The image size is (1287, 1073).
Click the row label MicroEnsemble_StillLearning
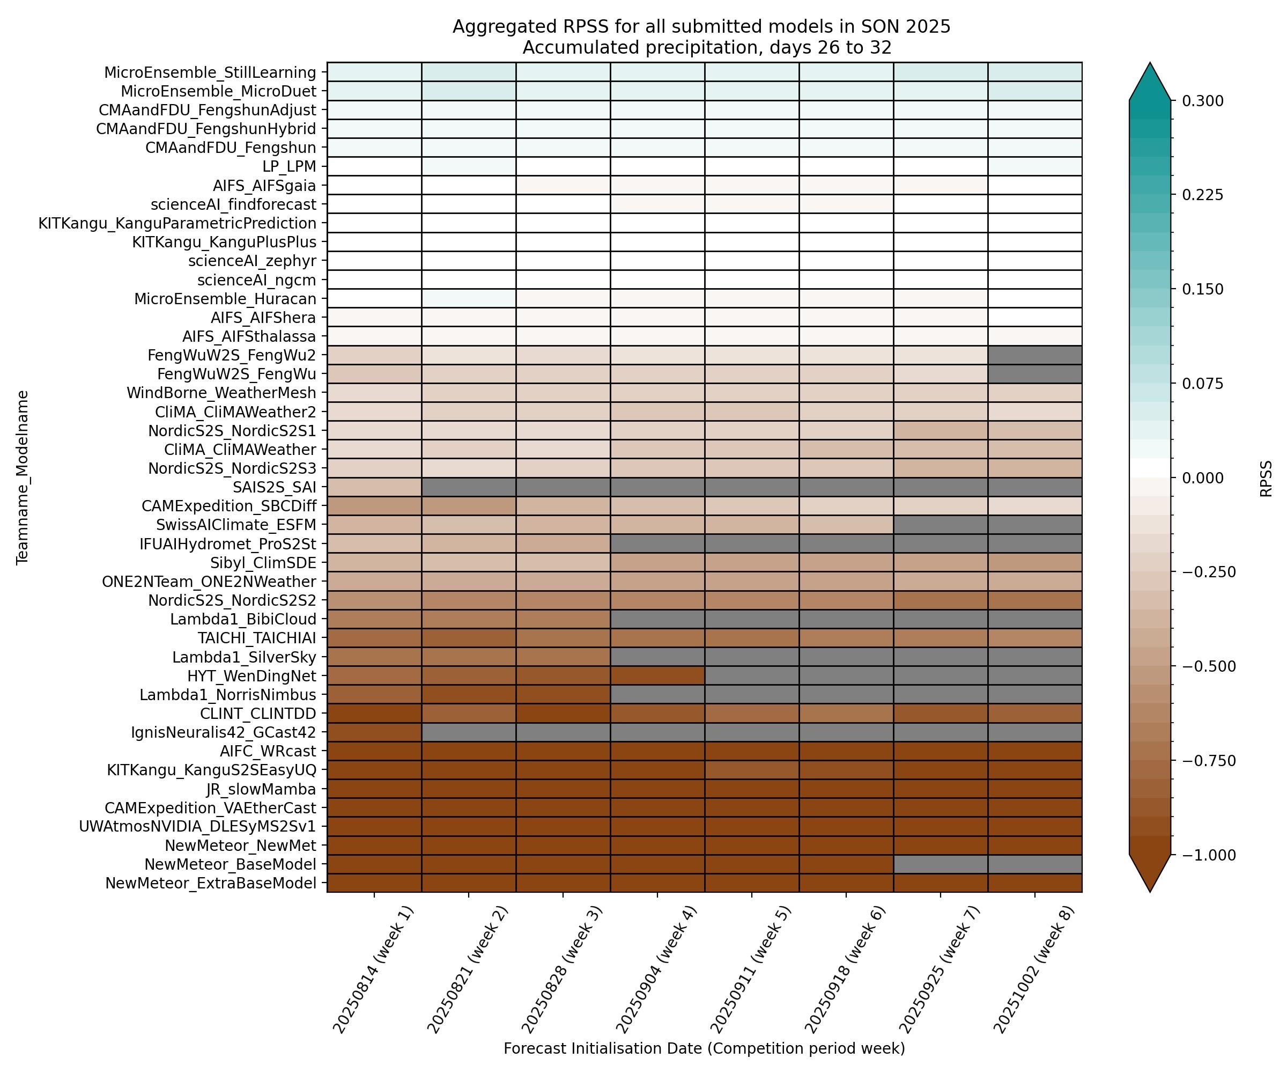[210, 72]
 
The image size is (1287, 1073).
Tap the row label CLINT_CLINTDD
[258, 714]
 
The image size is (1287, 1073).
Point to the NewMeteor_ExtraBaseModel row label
[211, 884]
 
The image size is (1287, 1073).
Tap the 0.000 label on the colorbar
[1202, 478]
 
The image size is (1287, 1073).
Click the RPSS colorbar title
[1266, 479]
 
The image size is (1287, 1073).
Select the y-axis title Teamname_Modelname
[23, 477]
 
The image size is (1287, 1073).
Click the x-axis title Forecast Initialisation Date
[704, 1048]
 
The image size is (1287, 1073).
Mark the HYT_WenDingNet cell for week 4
[657, 675]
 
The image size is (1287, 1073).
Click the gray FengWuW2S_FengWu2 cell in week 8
[1034, 355]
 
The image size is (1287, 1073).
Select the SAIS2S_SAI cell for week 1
[374, 487]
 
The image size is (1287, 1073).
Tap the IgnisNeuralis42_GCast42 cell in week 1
[374, 732]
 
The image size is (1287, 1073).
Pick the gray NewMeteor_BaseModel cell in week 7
[940, 864]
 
